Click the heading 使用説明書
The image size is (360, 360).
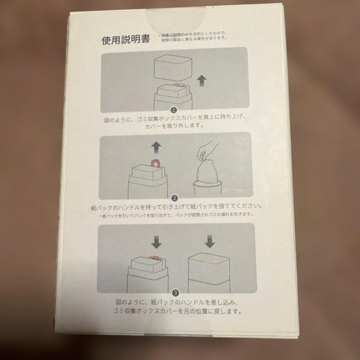[x=126, y=39]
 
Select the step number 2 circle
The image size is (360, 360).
[x=175, y=198]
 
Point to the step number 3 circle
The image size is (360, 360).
[x=176, y=293]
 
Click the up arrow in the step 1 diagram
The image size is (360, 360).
[x=202, y=81]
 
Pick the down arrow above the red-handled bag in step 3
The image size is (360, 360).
[x=156, y=242]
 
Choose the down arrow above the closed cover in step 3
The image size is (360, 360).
[x=209, y=242]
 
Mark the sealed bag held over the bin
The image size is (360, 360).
[x=207, y=172]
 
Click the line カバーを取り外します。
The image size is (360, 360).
[x=174, y=126]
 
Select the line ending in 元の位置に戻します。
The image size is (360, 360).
[x=177, y=312]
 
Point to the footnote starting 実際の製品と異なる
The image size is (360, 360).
[x=194, y=39]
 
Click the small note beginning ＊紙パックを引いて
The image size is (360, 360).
[x=176, y=215]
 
